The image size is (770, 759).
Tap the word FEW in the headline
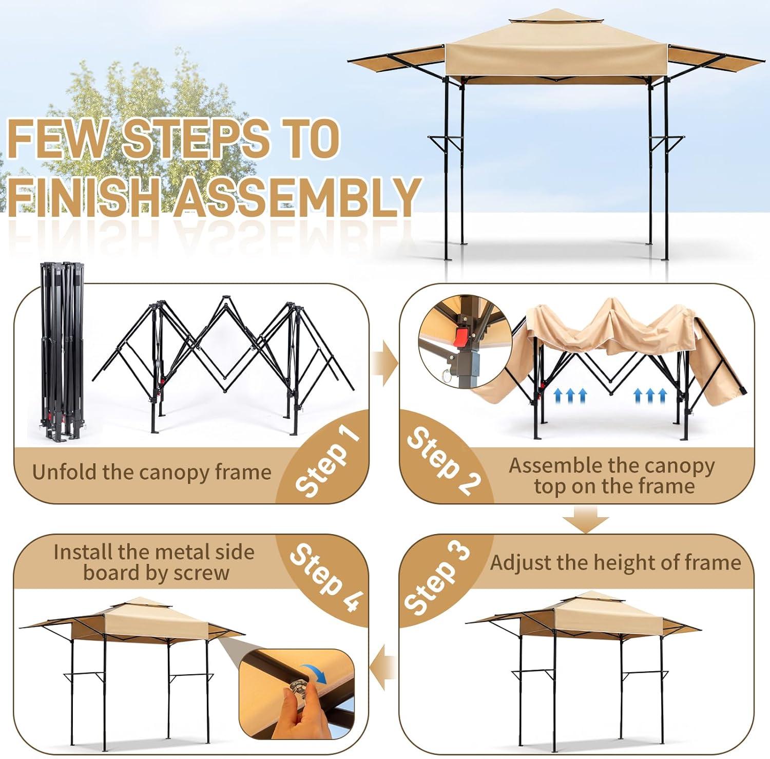57,138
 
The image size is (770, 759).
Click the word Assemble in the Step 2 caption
556,465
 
